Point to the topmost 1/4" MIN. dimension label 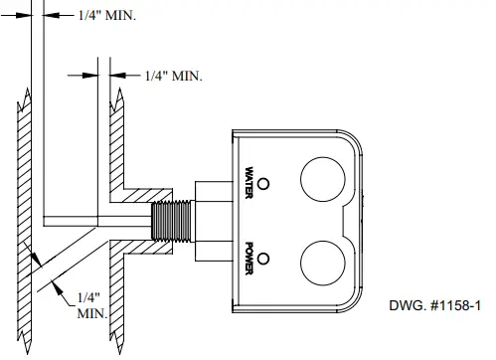pyautogui.click(x=108, y=15)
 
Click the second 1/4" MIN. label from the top pyautogui.click(x=173, y=75)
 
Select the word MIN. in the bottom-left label pyautogui.click(x=91, y=313)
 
